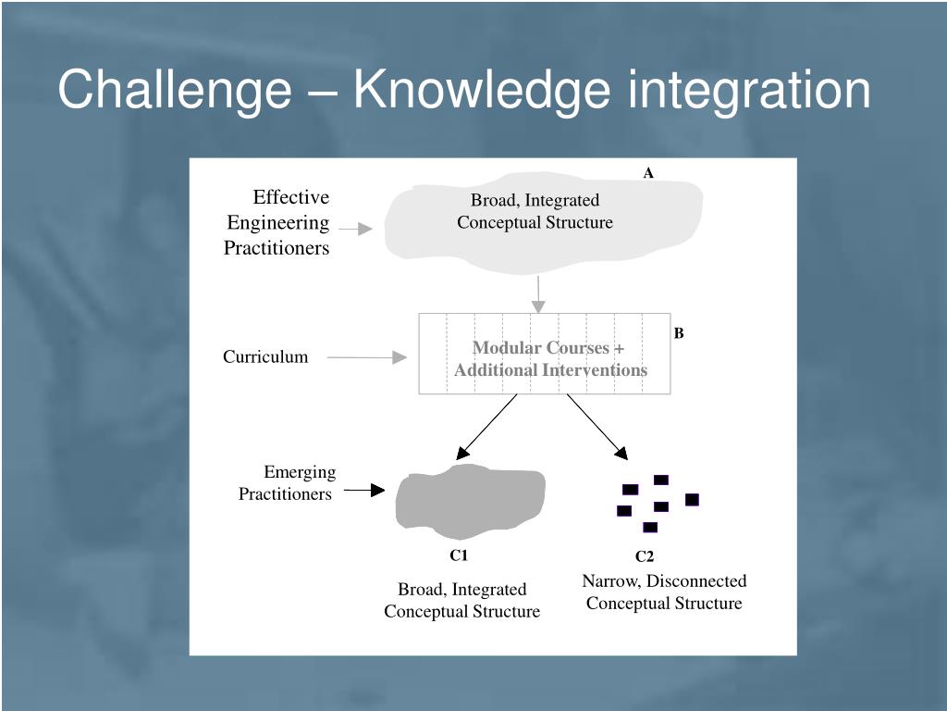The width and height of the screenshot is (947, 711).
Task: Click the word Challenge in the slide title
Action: click(x=174, y=91)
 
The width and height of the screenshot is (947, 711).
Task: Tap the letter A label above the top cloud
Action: click(x=648, y=173)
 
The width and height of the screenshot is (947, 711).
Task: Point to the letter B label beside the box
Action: click(x=679, y=333)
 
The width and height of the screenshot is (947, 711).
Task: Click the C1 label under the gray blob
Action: click(x=460, y=555)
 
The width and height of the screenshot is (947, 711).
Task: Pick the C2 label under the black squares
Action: click(x=645, y=556)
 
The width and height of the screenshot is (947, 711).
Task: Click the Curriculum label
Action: click(x=265, y=357)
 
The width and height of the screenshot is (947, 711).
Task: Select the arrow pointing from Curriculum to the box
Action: click(x=367, y=357)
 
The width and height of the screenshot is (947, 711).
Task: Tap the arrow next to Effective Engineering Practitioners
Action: click(x=355, y=228)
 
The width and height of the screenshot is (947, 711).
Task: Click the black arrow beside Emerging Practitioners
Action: click(x=364, y=490)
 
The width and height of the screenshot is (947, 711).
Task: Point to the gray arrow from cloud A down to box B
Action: click(x=537, y=293)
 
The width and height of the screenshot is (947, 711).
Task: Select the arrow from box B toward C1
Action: click(x=486, y=427)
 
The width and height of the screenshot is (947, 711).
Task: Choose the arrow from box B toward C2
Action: click(x=597, y=427)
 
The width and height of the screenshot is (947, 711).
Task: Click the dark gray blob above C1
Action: click(x=470, y=502)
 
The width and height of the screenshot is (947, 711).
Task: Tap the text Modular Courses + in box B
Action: click(x=548, y=348)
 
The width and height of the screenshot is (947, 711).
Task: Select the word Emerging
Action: click(x=300, y=472)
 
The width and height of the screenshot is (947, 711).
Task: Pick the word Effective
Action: click(x=291, y=197)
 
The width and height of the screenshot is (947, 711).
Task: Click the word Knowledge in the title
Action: click(x=481, y=91)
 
